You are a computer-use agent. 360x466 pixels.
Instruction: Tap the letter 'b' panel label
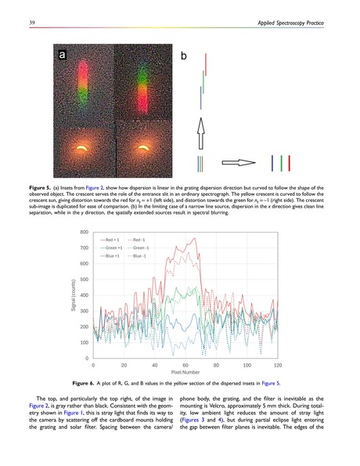pos(184,57)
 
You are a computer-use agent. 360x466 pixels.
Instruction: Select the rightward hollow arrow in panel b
pos(238,164)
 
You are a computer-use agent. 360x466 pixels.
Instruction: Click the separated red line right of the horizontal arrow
pos(290,163)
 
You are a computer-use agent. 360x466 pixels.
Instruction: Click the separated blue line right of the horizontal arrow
pos(272,163)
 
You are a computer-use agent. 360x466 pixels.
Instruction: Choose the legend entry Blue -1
pos(139,256)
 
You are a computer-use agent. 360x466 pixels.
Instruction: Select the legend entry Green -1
pos(139,247)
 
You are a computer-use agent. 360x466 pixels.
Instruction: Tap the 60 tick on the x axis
pos(186,366)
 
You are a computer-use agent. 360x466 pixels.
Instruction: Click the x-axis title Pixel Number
pos(186,374)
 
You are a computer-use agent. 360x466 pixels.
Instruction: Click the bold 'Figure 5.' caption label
pos(41,188)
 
